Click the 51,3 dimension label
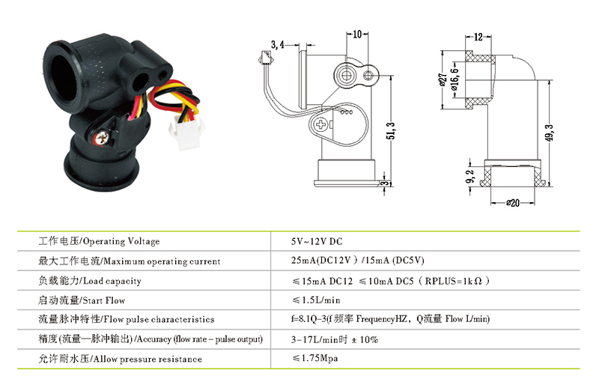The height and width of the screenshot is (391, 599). coord(391,131)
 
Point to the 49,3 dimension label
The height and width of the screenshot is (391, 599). coord(550,133)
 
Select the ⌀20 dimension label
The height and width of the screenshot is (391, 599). coord(513,203)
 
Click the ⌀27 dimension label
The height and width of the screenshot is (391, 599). coord(443,80)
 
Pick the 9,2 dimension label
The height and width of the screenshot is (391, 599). coord(470,177)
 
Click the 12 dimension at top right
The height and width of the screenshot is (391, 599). coord(478,37)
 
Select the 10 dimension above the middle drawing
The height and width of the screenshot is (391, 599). coord(357,34)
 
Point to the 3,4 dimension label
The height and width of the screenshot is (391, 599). coord(278,45)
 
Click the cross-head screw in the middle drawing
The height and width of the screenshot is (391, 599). coord(320,124)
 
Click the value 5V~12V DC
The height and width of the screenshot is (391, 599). coord(317,241)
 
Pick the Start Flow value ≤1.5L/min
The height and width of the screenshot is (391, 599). coord(316,300)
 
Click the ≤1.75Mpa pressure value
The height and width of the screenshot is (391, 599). coord(315,358)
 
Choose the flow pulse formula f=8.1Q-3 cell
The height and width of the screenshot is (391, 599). coord(390,319)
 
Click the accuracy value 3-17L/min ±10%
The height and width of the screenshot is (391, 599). coord(335,339)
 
